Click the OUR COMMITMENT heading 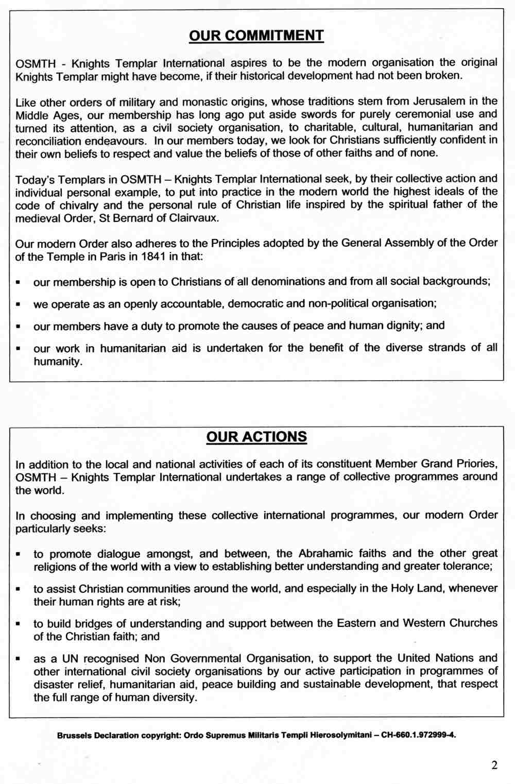pos(256,36)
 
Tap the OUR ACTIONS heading pos(256,437)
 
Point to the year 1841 pos(153,257)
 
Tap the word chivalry pos(74,205)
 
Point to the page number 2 pos(494,765)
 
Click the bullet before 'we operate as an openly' pos(19,304)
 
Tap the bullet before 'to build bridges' pos(19,624)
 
